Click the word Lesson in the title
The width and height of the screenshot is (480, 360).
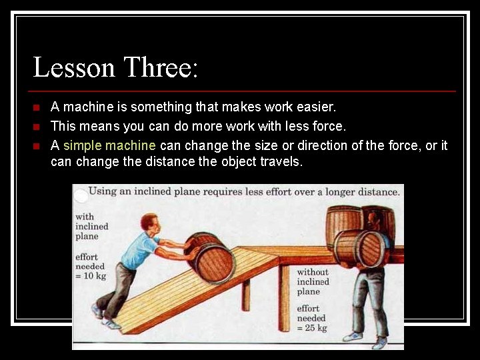(73, 68)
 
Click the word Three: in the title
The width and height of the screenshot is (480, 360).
(160, 68)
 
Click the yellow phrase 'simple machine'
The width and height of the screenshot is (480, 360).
(109, 145)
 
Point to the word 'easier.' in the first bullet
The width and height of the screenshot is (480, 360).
(315, 107)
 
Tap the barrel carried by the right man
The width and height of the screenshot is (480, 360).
(360, 248)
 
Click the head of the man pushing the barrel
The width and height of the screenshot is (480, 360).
(151, 223)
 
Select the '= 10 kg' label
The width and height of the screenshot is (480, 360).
(89, 277)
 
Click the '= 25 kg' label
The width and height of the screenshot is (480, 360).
(312, 328)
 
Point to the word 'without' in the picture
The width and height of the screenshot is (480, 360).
(313, 272)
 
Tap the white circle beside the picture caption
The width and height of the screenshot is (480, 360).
(81, 195)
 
